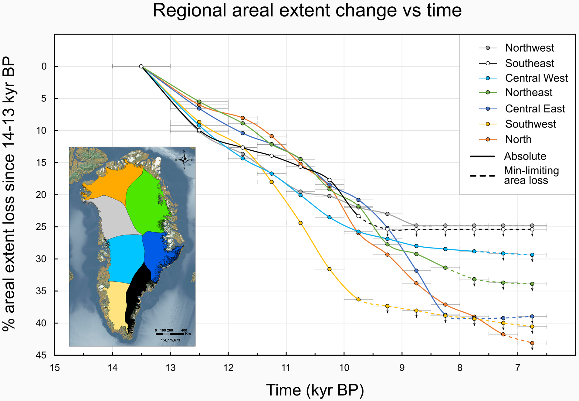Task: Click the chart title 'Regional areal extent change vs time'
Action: point(307,11)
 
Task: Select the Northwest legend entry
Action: point(529,48)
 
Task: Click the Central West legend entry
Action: point(536,78)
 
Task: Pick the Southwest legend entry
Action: point(530,124)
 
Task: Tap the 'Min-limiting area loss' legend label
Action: point(531,176)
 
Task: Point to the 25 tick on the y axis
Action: point(44,227)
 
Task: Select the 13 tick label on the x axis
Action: point(170,368)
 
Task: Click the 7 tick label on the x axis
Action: point(518,368)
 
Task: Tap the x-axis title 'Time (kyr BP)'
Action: point(315,390)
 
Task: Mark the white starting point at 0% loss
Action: point(141,66)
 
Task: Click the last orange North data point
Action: point(532,343)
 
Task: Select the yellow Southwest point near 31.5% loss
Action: point(330,269)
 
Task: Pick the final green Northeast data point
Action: point(532,284)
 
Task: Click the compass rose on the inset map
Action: point(184,159)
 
